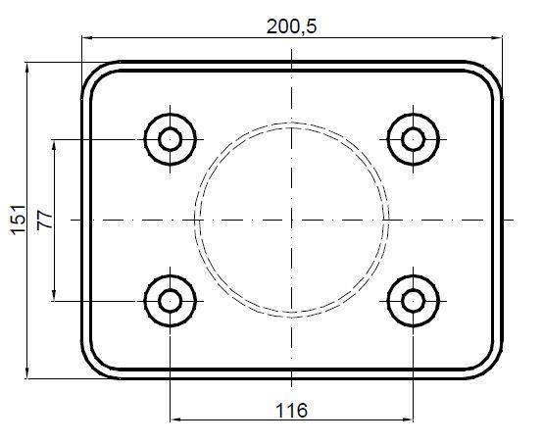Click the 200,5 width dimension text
(x=291, y=26)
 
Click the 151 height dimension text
(x=18, y=220)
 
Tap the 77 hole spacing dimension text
(x=45, y=220)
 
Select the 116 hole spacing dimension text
(x=291, y=411)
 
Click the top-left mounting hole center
(x=170, y=139)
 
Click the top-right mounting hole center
(x=414, y=139)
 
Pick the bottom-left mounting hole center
(x=170, y=301)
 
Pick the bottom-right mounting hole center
(x=414, y=301)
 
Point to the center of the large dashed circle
(x=291, y=220)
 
